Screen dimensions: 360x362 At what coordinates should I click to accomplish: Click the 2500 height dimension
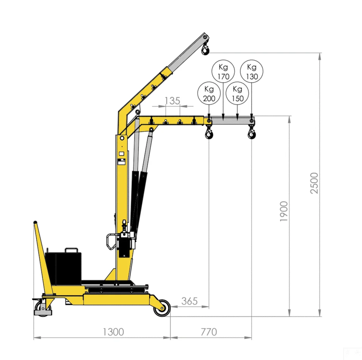(315, 183)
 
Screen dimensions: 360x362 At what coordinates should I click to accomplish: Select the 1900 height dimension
(284, 211)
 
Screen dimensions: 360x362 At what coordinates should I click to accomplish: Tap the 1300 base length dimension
(113, 332)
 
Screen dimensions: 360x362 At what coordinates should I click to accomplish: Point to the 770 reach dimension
(209, 332)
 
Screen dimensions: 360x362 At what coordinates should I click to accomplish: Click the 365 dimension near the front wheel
(189, 301)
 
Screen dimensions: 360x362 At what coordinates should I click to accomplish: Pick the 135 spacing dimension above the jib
(172, 101)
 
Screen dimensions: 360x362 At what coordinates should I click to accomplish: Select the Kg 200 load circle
(209, 94)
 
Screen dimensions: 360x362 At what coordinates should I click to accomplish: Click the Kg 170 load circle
(223, 72)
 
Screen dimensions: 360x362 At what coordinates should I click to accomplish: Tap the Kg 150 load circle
(238, 94)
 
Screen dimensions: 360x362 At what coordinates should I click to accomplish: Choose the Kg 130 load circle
(252, 72)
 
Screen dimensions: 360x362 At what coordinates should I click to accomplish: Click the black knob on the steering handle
(35, 222)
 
